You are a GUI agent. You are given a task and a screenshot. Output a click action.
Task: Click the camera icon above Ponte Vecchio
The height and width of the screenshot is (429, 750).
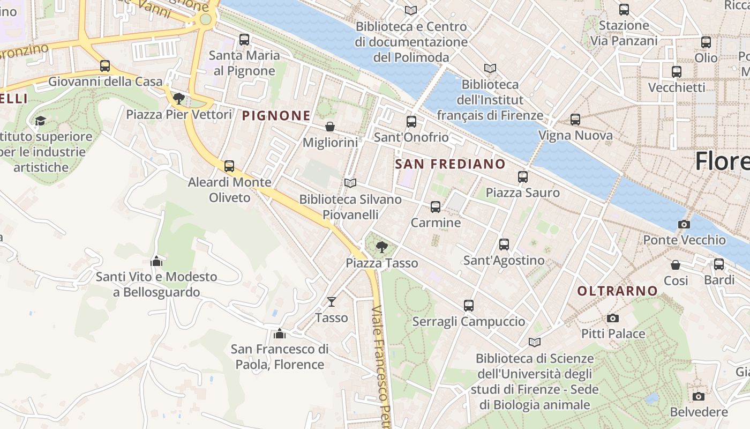coord(684,224)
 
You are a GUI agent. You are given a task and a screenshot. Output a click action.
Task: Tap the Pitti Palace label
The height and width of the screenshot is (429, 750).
coord(613,334)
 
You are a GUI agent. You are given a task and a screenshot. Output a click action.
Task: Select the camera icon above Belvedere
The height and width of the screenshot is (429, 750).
coord(698,396)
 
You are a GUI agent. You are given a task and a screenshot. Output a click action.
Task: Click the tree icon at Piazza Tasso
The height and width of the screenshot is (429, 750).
coord(381,247)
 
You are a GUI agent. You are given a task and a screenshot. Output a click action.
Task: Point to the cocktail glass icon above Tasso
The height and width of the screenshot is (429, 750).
coord(332,302)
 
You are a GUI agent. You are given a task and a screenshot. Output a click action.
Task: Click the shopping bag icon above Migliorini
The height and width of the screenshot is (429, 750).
coord(330,127)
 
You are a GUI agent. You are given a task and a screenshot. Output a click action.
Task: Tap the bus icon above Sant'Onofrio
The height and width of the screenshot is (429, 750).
coord(411,122)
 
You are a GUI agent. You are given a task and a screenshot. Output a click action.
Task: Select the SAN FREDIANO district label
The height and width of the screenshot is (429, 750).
coord(450,164)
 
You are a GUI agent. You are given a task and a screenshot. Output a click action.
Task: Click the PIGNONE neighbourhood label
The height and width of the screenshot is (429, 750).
coord(276,115)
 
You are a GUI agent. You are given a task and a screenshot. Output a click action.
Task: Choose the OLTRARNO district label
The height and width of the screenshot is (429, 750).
coord(617,291)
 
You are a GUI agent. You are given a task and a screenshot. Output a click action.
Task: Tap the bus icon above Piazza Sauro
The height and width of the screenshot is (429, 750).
coord(522,176)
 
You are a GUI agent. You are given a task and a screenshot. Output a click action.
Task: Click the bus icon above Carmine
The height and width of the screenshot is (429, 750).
coord(435,206)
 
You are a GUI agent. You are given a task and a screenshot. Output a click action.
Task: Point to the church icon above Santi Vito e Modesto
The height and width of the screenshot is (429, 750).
coord(156,261)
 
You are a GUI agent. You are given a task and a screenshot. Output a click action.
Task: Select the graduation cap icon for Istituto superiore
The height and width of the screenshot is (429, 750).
coord(40,121)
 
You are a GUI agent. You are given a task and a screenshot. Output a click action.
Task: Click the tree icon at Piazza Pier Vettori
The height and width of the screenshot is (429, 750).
coord(178,99)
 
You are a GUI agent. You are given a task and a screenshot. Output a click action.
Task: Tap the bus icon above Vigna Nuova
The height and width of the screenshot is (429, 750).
coord(575,120)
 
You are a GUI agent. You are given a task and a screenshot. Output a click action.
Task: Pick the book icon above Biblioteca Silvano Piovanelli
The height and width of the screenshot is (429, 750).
coord(350,183)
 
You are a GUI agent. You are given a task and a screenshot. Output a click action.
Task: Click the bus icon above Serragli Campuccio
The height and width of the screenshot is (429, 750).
coord(469,306)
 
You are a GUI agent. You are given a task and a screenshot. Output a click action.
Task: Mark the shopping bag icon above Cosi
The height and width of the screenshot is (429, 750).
coord(676,265)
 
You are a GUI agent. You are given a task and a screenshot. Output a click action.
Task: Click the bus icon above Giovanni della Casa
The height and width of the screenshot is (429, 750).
coord(105,66)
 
